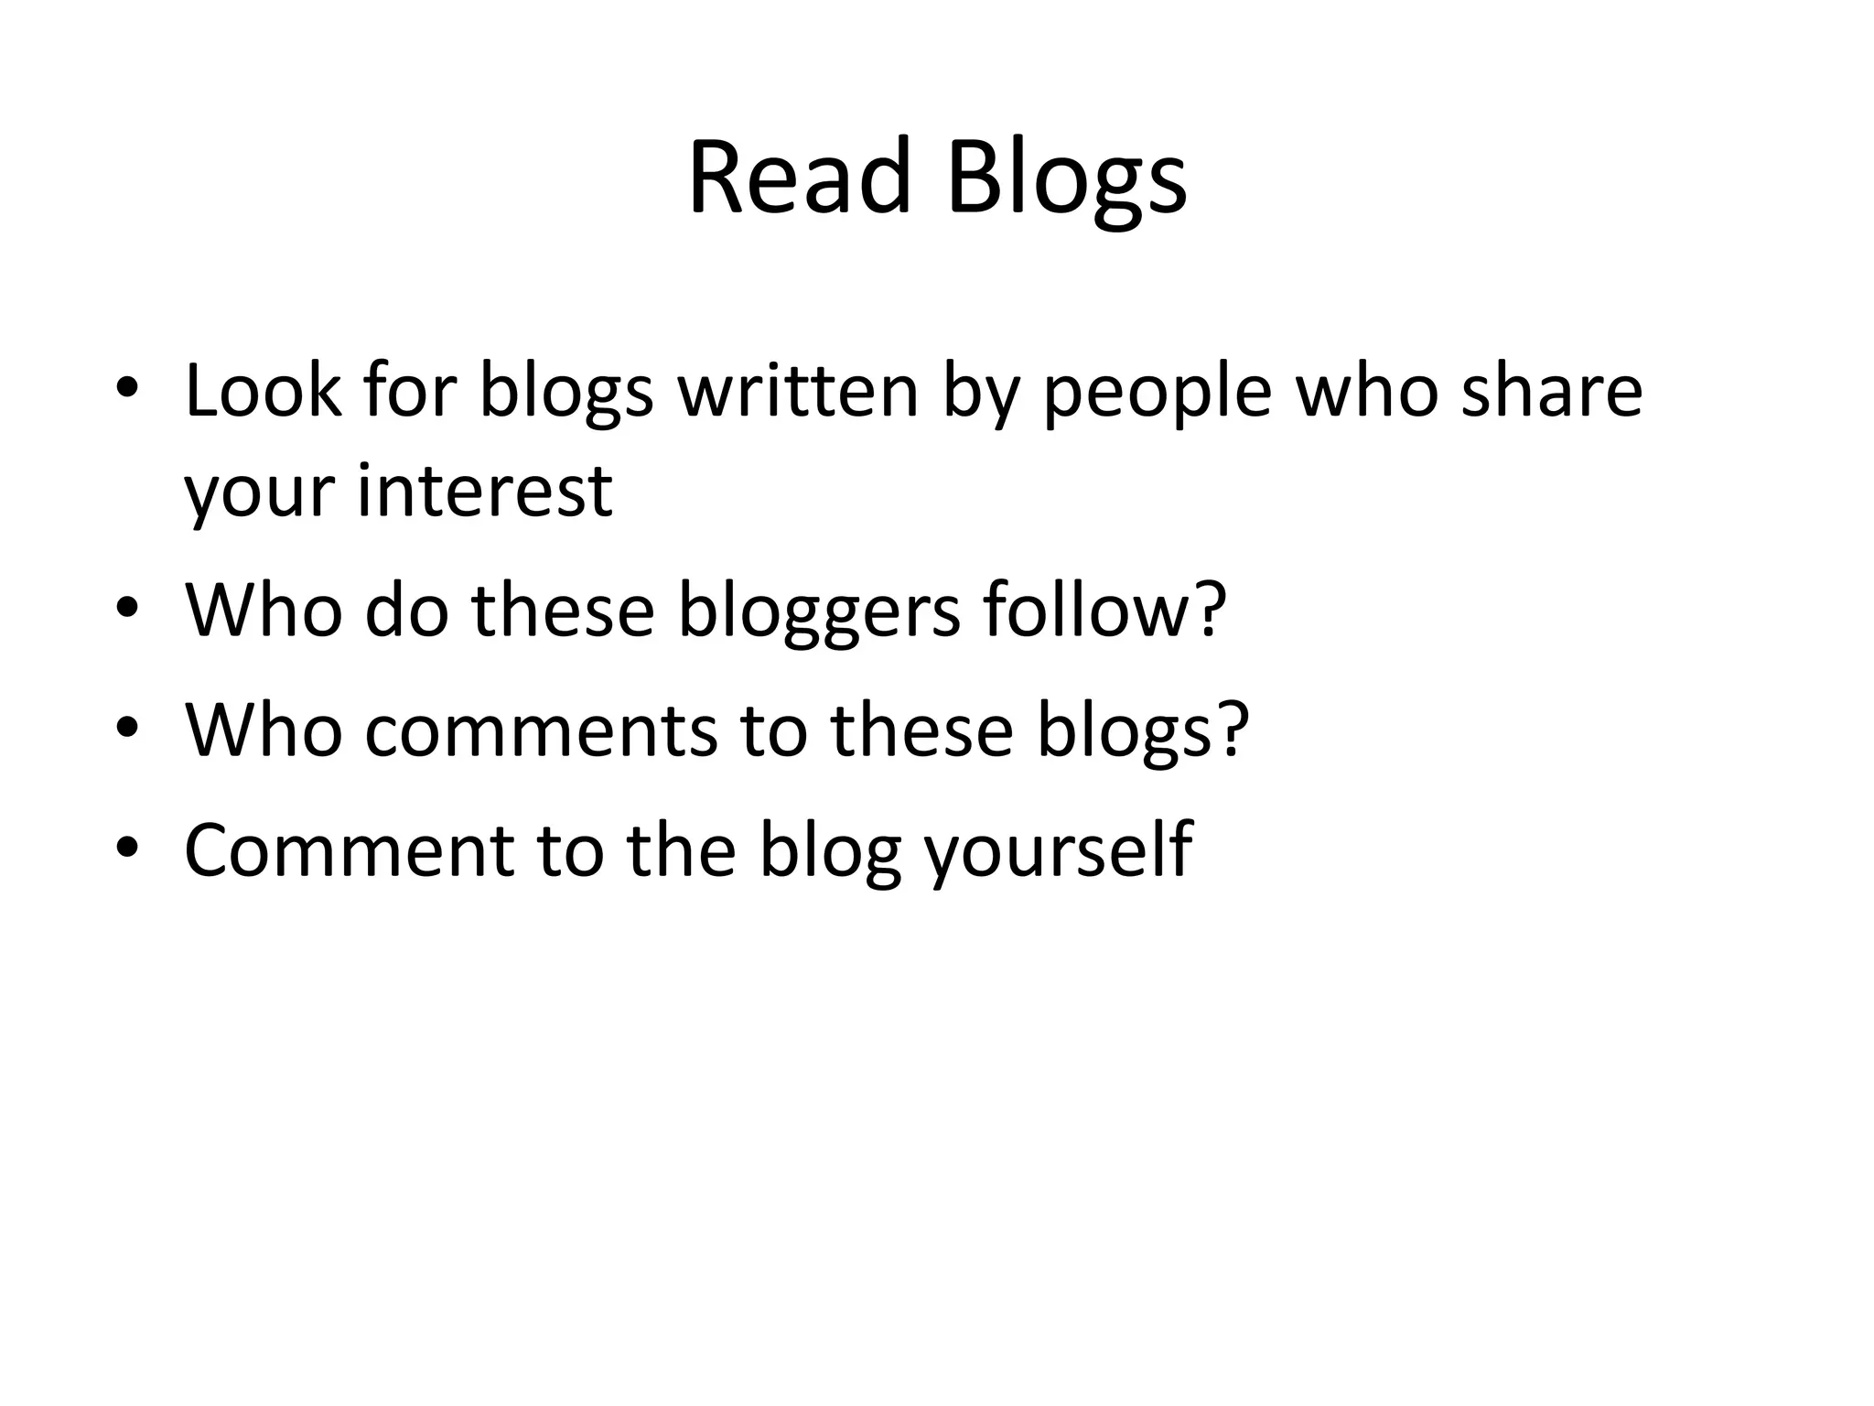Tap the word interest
click(x=484, y=491)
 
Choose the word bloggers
click(x=820, y=611)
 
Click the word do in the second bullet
click(x=406, y=610)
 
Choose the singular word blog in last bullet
click(x=829, y=851)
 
